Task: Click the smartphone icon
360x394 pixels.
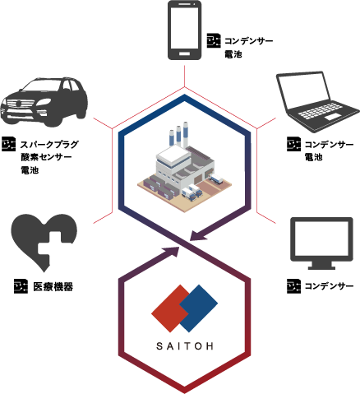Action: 184,30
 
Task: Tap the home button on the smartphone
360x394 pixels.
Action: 184,53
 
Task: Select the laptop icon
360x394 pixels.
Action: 318,102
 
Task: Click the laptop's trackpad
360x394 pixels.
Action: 333,117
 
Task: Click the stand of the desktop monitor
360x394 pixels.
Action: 321,266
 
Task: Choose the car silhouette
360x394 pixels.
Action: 44,102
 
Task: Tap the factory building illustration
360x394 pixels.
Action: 184,167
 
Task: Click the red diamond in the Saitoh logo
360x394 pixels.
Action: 170,308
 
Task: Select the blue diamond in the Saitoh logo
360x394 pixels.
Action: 199,308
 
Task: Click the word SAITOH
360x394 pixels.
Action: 185,346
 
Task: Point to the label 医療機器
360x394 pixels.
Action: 53,287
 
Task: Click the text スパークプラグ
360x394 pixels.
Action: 49,144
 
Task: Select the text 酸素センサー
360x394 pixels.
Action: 46,157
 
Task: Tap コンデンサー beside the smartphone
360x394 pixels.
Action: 249,41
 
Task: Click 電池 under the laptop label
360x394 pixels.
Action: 314,157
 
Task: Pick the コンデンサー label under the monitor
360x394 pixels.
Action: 329,286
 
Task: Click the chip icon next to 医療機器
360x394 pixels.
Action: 21,286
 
